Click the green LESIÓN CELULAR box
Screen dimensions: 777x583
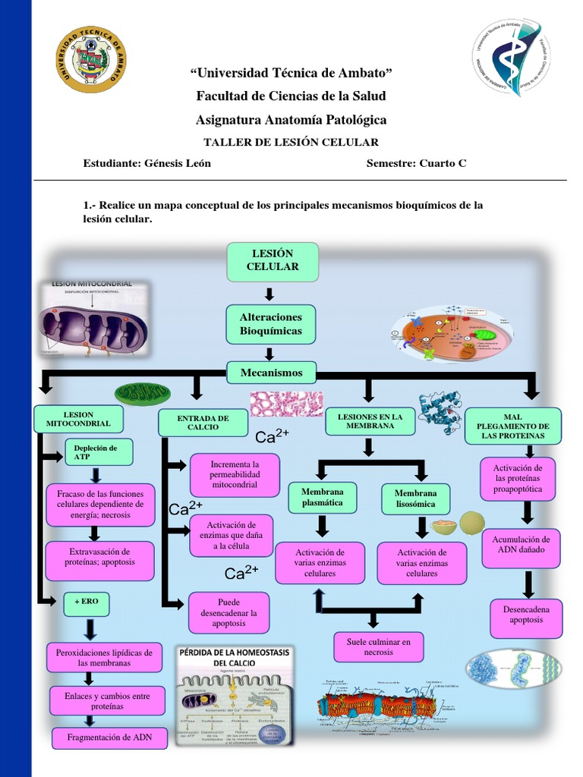point(273,260)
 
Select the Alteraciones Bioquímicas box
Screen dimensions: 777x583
point(270,324)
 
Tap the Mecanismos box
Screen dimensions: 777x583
point(271,373)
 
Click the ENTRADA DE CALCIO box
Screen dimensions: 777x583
point(203,423)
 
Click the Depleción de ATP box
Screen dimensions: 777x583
point(99,453)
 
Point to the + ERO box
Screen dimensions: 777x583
point(92,602)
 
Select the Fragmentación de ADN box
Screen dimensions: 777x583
point(109,738)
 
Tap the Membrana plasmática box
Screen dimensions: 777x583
point(322,497)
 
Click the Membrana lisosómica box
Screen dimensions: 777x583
point(415,499)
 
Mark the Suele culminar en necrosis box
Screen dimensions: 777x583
point(378,646)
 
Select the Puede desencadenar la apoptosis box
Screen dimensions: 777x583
point(228,612)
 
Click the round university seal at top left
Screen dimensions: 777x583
point(91,59)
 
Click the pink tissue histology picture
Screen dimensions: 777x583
point(286,404)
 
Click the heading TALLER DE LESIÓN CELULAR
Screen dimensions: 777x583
point(291,142)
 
